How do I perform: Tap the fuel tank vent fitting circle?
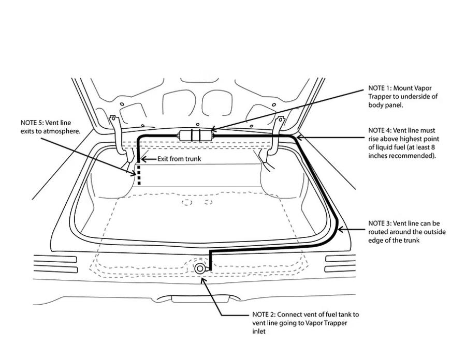coord(200,268)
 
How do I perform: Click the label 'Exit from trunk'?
coord(179,159)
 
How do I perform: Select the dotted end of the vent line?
coord(139,174)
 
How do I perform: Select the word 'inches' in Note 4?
coord(377,156)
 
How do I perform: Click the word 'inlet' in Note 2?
coord(259,332)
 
